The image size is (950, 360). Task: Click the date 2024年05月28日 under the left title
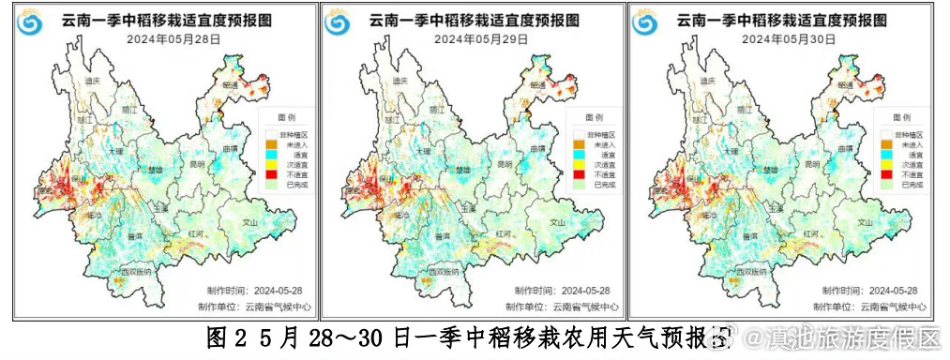click(x=168, y=39)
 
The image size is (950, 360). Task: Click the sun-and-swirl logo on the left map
click(x=32, y=21)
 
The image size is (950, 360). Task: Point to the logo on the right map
click(x=647, y=21)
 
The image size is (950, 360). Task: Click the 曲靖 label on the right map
click(x=847, y=148)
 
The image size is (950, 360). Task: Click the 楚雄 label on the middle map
click(x=462, y=170)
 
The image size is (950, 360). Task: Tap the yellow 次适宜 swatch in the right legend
click(x=883, y=164)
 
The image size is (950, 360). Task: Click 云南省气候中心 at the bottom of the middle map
click(x=583, y=307)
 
